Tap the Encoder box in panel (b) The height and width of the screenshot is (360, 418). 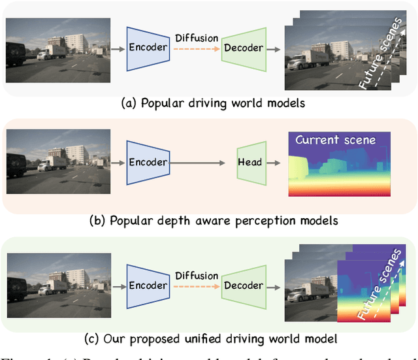(x=148, y=163)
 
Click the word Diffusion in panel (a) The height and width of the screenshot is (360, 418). (x=196, y=38)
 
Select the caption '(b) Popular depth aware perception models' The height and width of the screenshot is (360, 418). (x=214, y=220)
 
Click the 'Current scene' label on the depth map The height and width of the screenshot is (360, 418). (x=335, y=140)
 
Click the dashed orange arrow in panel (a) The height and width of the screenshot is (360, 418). (x=196, y=50)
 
